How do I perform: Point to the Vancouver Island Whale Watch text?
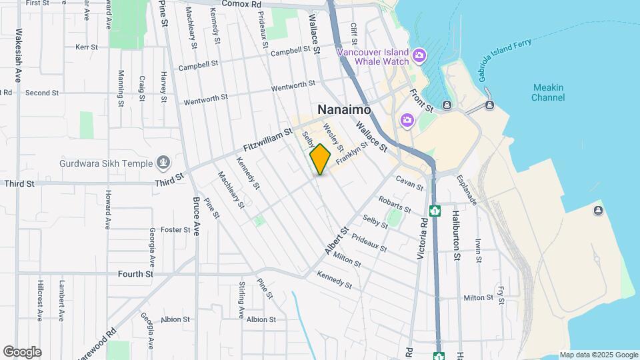(372, 57)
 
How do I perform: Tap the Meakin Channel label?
(548, 93)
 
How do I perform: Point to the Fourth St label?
(135, 273)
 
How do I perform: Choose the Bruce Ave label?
(197, 215)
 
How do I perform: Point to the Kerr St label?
(87, 47)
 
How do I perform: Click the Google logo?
(21, 352)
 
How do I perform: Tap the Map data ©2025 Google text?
(599, 355)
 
